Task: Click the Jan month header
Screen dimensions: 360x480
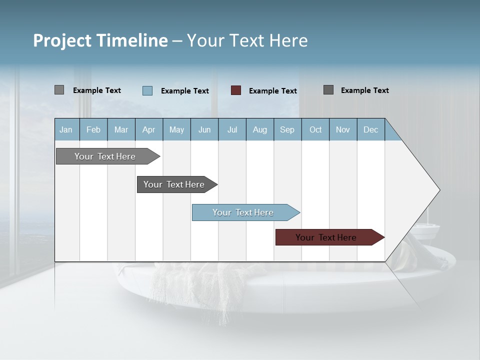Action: tap(66, 129)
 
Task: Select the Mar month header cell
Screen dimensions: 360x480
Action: tap(121, 129)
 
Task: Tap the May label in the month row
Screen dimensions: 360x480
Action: tap(176, 129)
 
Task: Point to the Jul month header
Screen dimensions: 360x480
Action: tap(232, 129)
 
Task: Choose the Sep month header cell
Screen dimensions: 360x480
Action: tap(287, 129)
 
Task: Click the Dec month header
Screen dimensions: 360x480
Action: tap(370, 129)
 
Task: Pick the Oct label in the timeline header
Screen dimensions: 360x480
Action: tap(315, 129)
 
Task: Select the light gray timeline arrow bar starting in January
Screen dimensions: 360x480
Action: tap(105, 156)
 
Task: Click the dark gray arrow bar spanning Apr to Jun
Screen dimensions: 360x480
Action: tap(174, 184)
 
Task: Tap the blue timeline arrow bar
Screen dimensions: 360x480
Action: tap(243, 212)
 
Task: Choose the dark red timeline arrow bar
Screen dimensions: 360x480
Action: tap(326, 237)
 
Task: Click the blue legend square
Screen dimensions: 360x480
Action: tap(147, 90)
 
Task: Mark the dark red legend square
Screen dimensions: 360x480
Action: tap(236, 90)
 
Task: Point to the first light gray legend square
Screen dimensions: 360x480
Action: tap(59, 90)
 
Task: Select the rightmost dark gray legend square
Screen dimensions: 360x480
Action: tap(328, 90)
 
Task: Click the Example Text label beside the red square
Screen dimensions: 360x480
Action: tap(273, 91)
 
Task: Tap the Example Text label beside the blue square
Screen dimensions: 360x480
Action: tap(185, 91)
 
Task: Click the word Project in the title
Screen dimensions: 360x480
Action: tap(62, 40)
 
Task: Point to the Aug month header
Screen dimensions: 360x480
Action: tap(259, 129)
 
